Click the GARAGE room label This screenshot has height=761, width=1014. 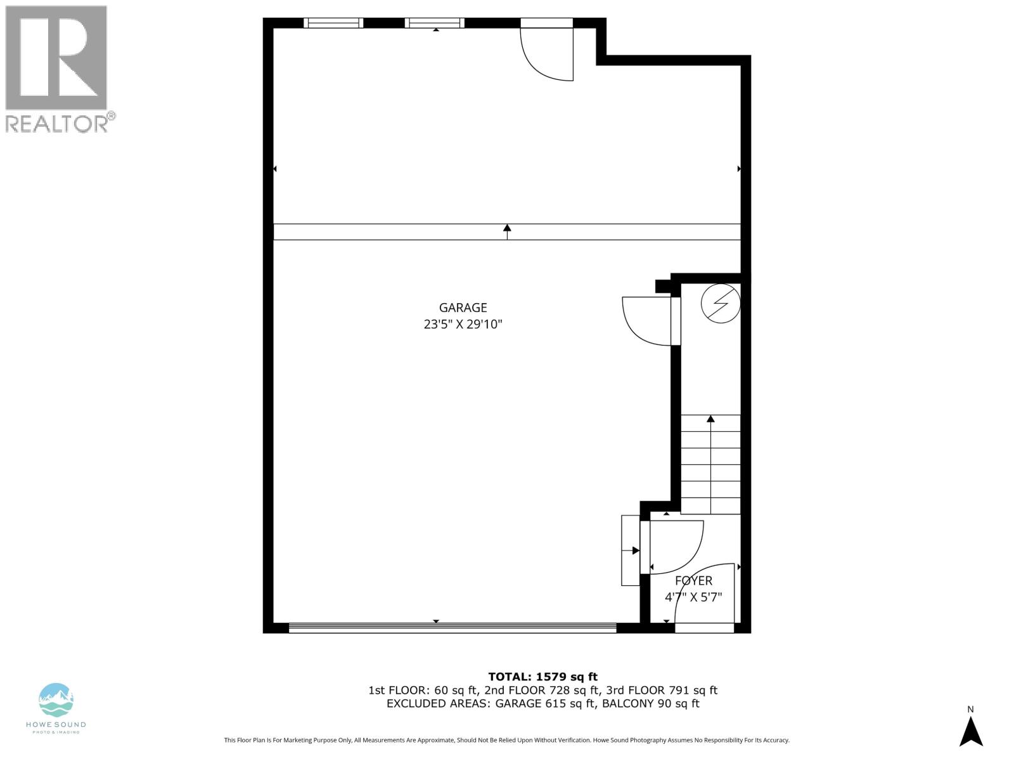tap(463, 308)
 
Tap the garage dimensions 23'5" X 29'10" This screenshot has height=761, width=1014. tap(463, 325)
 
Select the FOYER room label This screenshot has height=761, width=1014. tap(693, 581)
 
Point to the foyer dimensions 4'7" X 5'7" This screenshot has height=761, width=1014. tap(693, 597)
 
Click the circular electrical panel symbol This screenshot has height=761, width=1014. tap(721, 304)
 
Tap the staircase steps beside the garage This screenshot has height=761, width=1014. tap(710, 464)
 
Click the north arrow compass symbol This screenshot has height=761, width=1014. tap(970, 731)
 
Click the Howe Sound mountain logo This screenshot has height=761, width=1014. tap(56, 699)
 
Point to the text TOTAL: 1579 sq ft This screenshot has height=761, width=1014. tap(542, 677)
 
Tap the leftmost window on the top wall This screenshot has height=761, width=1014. tap(333, 23)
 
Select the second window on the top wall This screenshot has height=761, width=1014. tap(435, 23)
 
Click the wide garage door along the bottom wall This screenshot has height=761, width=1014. tap(452, 628)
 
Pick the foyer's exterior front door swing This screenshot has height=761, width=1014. tap(703, 596)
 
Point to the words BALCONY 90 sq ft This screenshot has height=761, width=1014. tap(650, 704)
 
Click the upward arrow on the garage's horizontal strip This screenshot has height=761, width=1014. tap(507, 229)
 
